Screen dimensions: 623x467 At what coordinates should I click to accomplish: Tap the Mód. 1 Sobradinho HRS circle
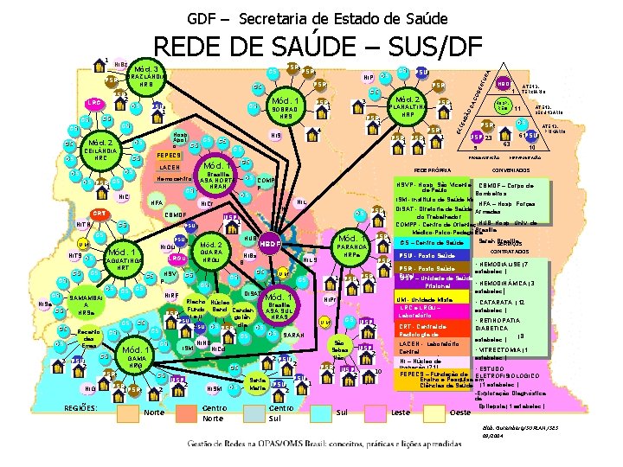[290, 108]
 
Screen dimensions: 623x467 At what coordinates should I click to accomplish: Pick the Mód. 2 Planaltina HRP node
[405, 107]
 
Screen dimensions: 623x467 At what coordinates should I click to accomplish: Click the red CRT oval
[100, 214]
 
